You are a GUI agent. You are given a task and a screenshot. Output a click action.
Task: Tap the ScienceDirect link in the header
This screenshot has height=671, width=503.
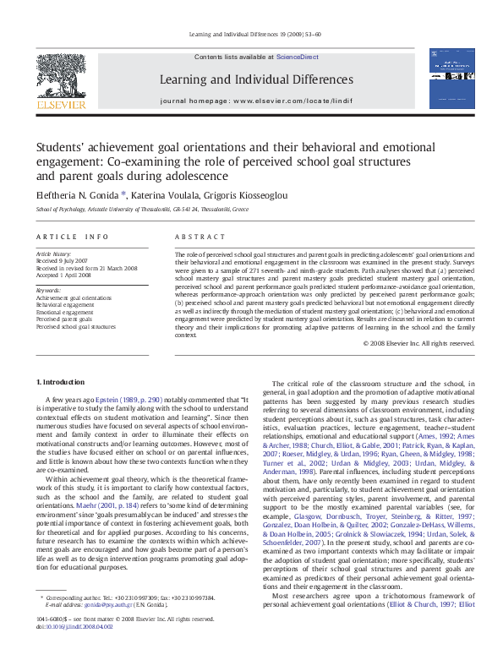click(298, 56)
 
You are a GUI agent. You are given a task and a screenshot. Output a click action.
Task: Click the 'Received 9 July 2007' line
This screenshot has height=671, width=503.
click(63, 260)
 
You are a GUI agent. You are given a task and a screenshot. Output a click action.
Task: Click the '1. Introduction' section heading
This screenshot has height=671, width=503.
click(61, 384)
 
